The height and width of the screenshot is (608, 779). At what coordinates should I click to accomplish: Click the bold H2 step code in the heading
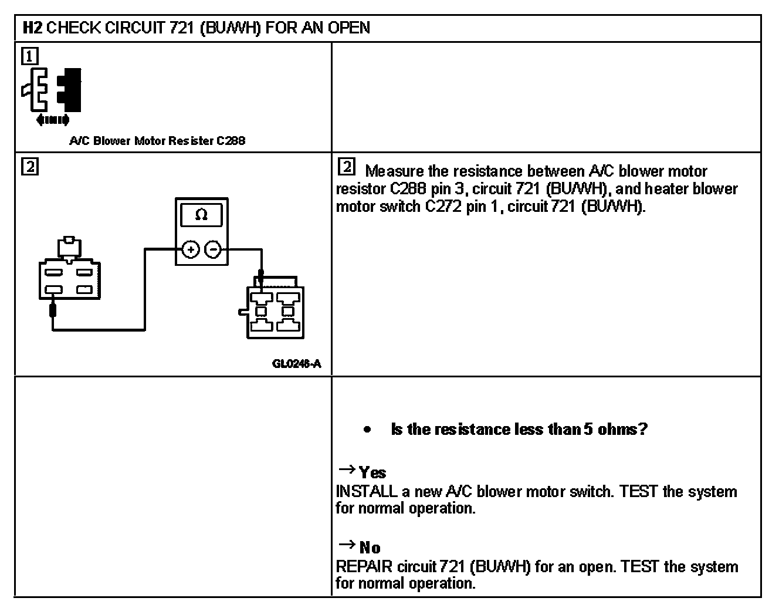[32, 28]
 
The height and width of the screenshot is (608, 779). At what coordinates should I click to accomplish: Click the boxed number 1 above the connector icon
[29, 56]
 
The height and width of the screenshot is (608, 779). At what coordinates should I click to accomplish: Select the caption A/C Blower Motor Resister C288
[157, 141]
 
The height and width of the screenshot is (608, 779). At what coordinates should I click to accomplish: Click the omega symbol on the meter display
[201, 215]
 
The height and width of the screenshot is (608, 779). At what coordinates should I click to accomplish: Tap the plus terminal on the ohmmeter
[190, 250]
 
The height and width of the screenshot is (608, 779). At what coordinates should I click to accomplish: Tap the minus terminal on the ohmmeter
[214, 250]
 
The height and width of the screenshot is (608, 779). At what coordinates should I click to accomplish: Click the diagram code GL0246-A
[296, 364]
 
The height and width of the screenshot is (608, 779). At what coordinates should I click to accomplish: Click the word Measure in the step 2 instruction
[394, 171]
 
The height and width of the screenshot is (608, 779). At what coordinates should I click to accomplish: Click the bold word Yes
[372, 473]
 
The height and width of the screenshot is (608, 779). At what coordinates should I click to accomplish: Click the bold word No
[370, 548]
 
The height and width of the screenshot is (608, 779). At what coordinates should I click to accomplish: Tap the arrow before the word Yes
[347, 470]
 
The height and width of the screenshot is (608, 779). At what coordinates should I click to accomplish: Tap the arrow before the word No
[347, 545]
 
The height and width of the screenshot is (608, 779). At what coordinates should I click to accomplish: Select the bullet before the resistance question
[367, 430]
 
